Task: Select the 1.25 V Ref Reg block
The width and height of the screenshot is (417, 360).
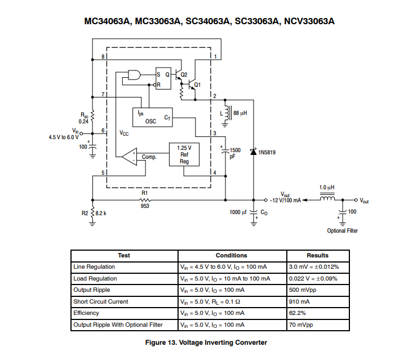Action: coord(184,154)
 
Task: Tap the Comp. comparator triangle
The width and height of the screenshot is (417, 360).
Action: coord(130,156)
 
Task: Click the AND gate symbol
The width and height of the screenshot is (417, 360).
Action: coord(135,75)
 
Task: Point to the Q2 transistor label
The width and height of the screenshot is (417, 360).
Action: coord(184,74)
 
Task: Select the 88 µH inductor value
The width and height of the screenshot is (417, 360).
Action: coord(240,113)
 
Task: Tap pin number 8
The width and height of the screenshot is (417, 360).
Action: coord(103,57)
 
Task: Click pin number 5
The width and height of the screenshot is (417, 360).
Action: coord(103,172)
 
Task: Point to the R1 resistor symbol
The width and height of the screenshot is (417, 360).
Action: coord(145,199)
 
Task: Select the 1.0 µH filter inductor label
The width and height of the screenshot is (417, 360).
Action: coord(327,188)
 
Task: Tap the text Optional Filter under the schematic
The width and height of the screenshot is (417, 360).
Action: coord(342,230)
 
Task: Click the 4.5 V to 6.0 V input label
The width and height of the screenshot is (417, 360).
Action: coord(64,137)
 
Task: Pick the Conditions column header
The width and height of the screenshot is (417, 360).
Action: coord(231,255)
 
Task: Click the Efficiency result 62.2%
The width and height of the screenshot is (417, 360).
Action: coord(298,313)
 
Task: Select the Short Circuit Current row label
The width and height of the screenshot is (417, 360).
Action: coord(100,301)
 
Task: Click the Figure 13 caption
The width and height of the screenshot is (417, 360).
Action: coord(206,342)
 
